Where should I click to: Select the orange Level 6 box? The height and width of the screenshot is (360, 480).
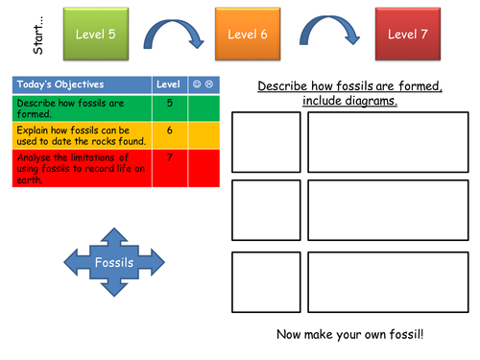point(249,36)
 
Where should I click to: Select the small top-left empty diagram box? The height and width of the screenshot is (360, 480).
point(266,141)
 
